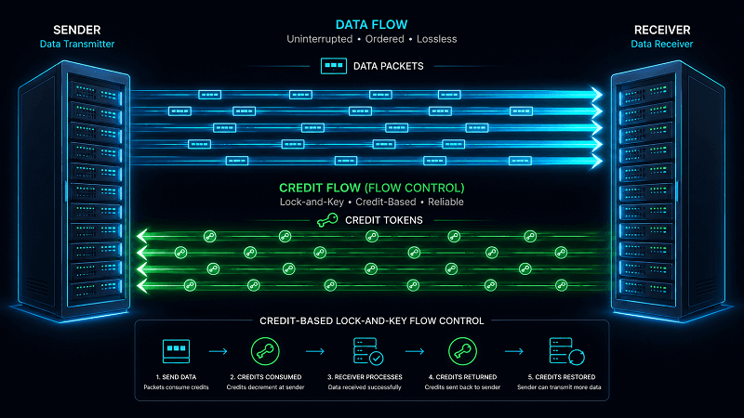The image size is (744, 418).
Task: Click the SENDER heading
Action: click(x=77, y=30)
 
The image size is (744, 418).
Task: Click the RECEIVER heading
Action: click(x=662, y=30)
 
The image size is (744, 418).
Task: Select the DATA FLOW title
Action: click(x=371, y=25)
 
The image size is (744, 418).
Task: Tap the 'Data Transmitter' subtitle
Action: click(x=77, y=44)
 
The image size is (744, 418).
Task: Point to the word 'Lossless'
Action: click(x=436, y=39)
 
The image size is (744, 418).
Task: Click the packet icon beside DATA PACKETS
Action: click(x=334, y=66)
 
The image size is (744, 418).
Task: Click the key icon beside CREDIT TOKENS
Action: click(x=327, y=220)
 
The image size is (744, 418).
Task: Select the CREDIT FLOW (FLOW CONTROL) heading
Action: click(x=371, y=189)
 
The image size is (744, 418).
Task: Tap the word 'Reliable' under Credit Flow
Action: click(x=445, y=202)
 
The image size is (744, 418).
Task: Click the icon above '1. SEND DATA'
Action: click(x=176, y=351)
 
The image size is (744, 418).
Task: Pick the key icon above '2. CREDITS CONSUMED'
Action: click(x=265, y=351)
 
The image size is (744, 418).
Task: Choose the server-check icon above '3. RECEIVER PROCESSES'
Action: click(x=368, y=351)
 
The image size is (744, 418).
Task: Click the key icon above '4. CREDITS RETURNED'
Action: click(x=462, y=351)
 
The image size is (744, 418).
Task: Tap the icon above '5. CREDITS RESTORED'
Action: click(x=566, y=351)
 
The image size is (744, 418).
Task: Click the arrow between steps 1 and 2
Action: click(x=219, y=351)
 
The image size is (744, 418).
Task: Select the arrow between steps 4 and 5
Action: click(x=514, y=351)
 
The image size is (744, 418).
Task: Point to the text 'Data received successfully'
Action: click(x=365, y=387)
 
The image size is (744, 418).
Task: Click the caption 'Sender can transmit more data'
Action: click(x=559, y=387)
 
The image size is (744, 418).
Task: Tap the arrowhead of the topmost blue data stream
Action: click(x=596, y=95)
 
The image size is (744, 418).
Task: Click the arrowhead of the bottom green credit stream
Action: click(x=142, y=285)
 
